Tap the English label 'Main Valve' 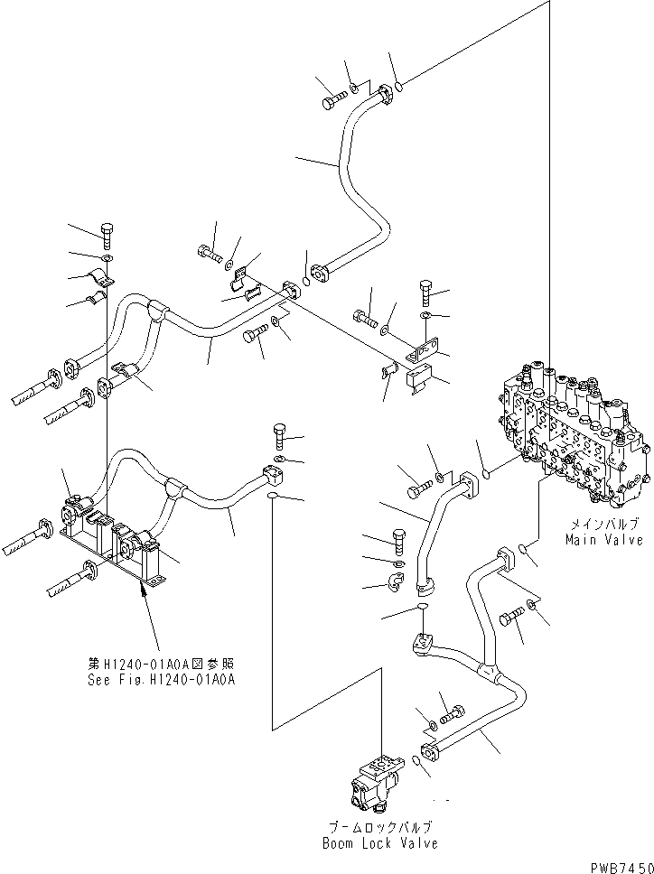[x=603, y=540]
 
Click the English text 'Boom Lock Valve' [x=379, y=843]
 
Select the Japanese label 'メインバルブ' [x=603, y=524]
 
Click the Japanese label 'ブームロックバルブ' [x=379, y=827]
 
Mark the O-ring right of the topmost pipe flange [x=398, y=88]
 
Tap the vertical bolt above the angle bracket [x=426, y=293]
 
